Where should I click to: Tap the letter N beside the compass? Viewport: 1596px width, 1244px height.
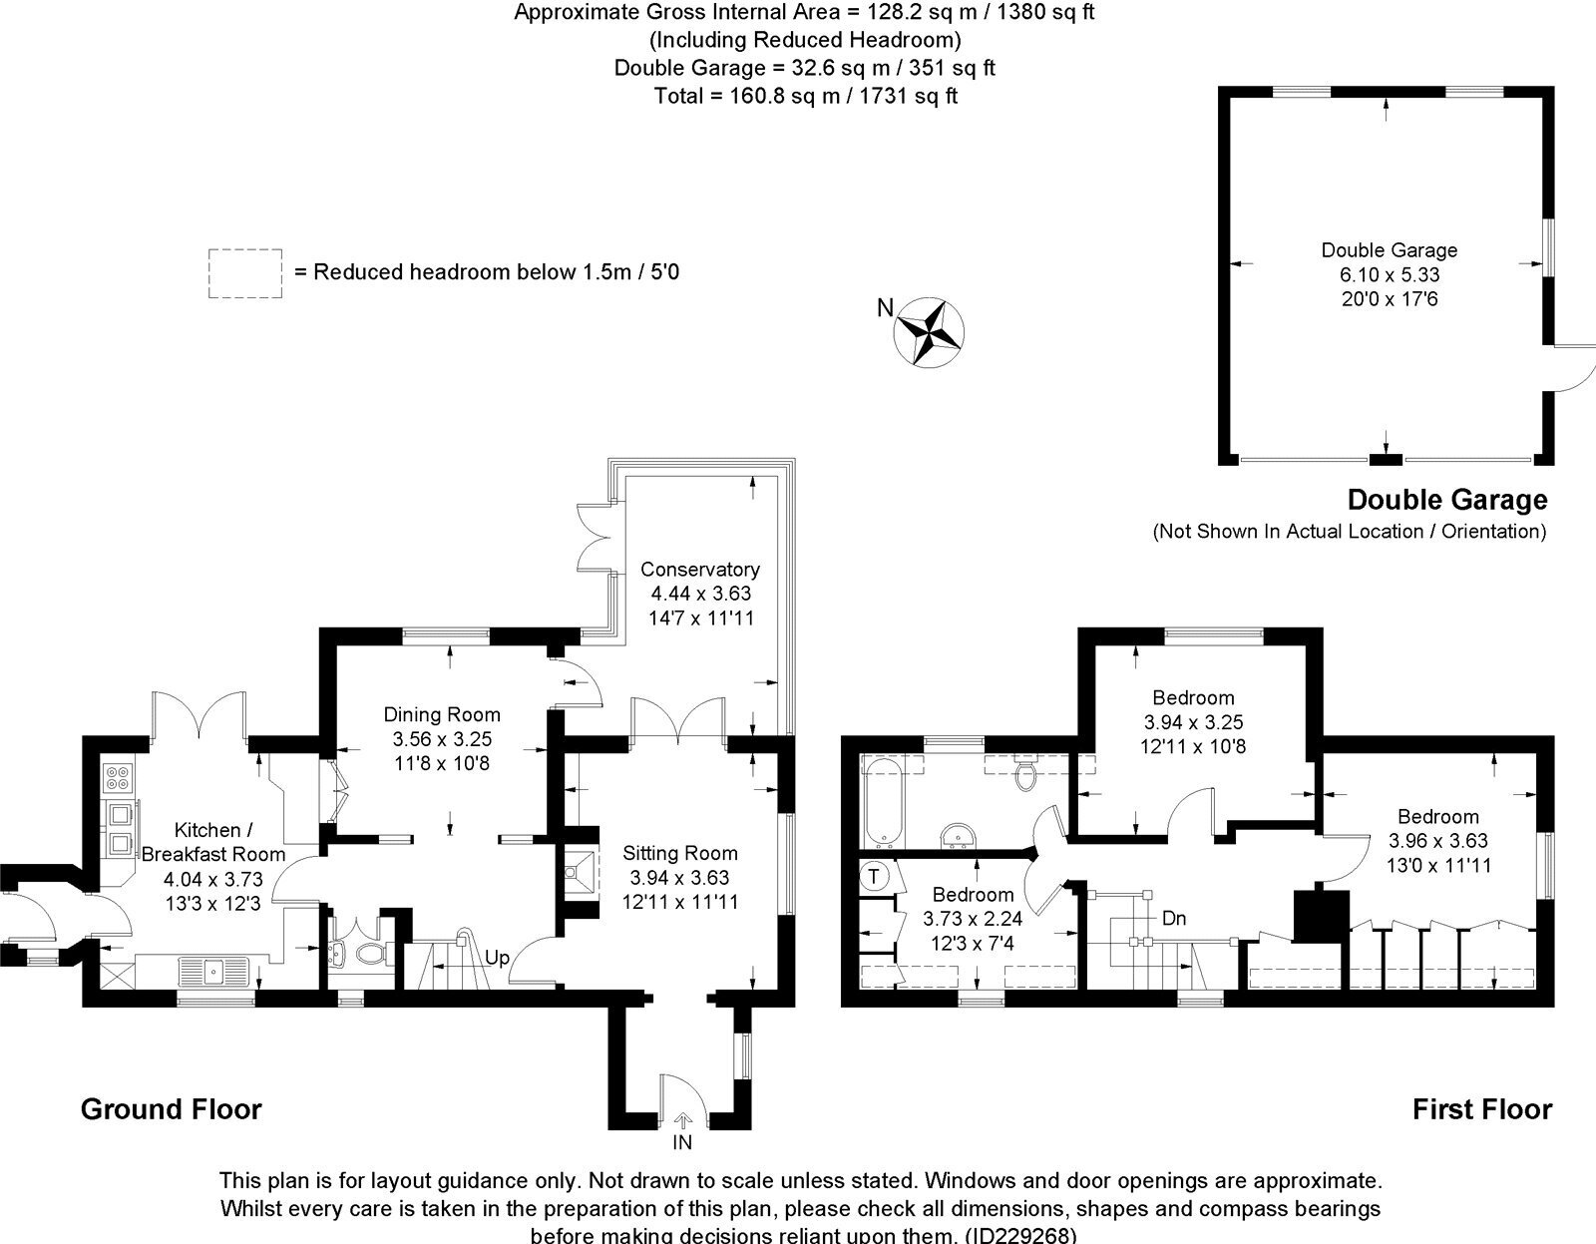point(885,308)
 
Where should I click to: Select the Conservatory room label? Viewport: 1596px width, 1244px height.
point(699,570)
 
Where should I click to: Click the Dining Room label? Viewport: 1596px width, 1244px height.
point(442,714)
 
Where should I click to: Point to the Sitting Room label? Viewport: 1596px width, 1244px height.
point(680,853)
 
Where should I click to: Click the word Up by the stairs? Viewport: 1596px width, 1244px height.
point(498,958)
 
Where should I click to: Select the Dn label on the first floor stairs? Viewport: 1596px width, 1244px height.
point(1174,917)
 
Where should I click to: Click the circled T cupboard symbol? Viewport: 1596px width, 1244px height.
point(875,877)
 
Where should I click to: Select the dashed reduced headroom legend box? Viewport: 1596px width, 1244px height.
point(244,273)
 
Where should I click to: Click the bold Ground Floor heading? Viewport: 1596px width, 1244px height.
point(171,1108)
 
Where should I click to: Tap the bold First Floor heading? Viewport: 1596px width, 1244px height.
point(1481,1108)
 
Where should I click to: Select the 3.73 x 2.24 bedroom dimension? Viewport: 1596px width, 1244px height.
point(973,919)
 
